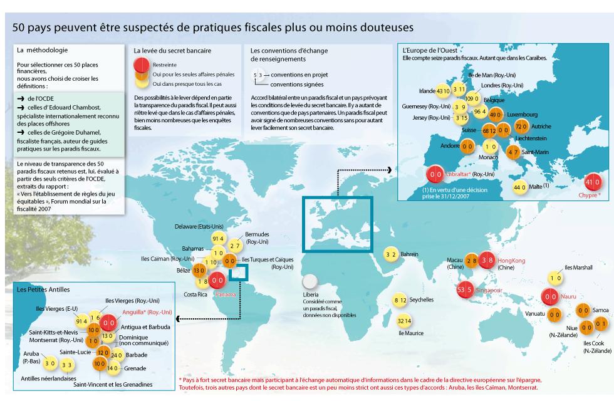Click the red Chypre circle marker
[593, 182]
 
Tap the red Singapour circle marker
[465, 290]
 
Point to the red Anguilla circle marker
[108, 322]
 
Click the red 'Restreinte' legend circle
[142, 64]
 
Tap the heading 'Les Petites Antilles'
[43, 290]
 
